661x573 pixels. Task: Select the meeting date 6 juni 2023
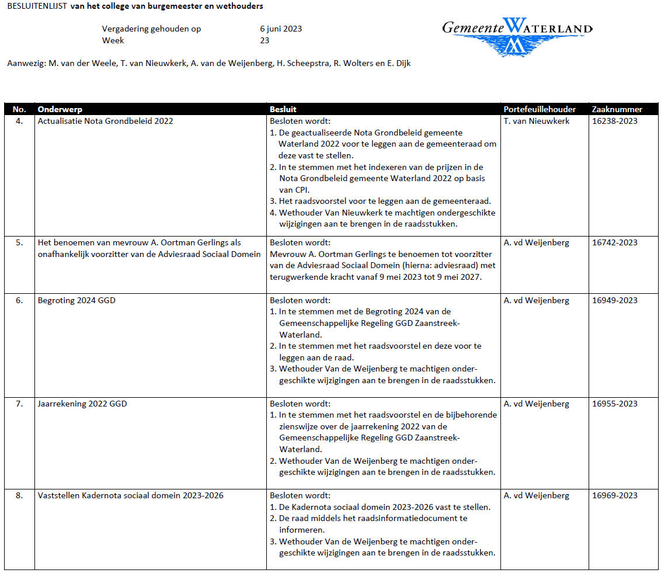point(281,29)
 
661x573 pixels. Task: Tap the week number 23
point(265,40)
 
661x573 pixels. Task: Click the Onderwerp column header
point(60,109)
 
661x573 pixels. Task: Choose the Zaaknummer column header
point(617,109)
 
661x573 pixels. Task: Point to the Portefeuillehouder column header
point(540,109)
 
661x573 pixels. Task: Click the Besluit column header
point(283,109)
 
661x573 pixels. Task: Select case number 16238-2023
point(614,121)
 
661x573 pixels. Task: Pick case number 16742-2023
point(614,242)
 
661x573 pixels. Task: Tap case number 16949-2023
point(614,300)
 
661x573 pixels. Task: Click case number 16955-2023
point(614,404)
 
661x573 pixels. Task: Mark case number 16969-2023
point(614,495)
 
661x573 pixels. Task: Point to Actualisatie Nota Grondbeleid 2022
point(105,121)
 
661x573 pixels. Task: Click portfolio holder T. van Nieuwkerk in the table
point(536,121)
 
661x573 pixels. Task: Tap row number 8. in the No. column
point(19,495)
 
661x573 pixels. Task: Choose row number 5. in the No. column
point(19,242)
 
